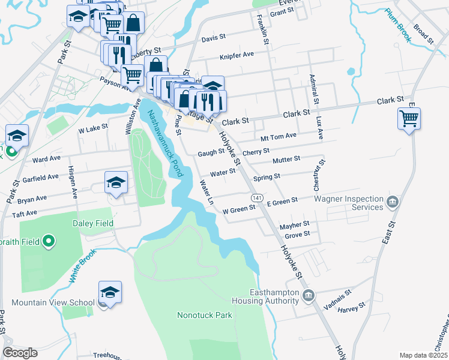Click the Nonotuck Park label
tap(204, 314)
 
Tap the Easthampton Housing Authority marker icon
tap(309, 295)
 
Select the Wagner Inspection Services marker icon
tap(393, 200)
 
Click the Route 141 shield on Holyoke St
tap(256, 197)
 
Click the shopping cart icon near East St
tap(409, 118)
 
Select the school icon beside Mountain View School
tap(110, 292)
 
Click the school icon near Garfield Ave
tap(116, 182)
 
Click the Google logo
tap(20, 352)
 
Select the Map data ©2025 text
tap(423, 355)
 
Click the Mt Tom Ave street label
tap(279, 136)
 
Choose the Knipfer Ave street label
tap(237, 54)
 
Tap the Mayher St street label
tap(294, 226)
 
